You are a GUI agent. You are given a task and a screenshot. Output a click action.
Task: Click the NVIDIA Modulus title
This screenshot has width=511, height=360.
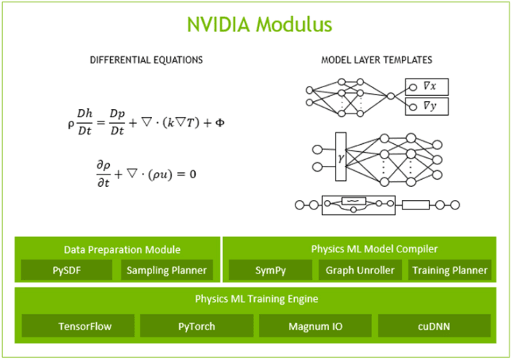pyautogui.click(x=259, y=23)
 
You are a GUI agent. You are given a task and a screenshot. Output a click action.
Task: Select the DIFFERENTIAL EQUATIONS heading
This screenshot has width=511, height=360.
pyautogui.click(x=146, y=60)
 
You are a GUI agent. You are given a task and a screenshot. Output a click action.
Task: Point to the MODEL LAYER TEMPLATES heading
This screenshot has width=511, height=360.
pyautogui.click(x=376, y=60)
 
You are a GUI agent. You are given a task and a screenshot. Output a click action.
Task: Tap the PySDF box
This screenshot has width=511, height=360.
pyautogui.click(x=66, y=271)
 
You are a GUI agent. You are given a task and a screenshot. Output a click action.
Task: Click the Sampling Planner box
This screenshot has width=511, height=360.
pyautogui.click(x=167, y=271)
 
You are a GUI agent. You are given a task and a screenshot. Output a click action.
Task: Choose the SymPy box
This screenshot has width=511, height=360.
pyautogui.click(x=269, y=271)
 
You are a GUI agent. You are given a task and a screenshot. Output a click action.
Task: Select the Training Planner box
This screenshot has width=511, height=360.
pyautogui.click(x=450, y=271)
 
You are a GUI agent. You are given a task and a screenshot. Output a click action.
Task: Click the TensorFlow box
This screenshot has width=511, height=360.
pyautogui.click(x=76, y=326)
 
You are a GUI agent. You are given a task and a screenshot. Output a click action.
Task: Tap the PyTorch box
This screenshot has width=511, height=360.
pyautogui.click(x=197, y=326)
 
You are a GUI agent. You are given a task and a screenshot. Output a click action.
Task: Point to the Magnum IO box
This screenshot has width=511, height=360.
pyautogui.click(x=315, y=326)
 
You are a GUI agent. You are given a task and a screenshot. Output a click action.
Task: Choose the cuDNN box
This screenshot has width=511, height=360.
pyautogui.click(x=435, y=326)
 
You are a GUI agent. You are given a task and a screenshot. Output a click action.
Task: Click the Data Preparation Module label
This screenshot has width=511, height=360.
pyautogui.click(x=117, y=249)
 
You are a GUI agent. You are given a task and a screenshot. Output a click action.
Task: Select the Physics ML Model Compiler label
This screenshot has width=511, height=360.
pyautogui.click(x=359, y=249)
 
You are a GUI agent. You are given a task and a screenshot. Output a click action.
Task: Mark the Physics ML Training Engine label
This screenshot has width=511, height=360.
pyautogui.click(x=255, y=299)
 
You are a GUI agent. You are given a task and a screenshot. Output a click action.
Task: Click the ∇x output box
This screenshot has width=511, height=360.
pyautogui.click(x=427, y=87)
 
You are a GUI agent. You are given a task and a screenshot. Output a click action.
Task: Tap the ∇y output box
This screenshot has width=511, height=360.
pyautogui.click(x=427, y=108)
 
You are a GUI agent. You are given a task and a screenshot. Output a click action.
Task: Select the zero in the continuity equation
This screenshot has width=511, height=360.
pyautogui.click(x=192, y=175)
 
